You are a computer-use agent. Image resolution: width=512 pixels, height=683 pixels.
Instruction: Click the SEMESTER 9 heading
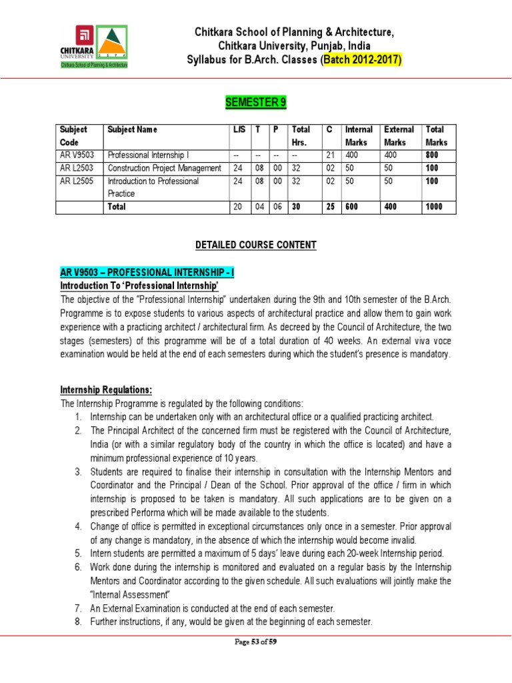pyautogui.click(x=255, y=101)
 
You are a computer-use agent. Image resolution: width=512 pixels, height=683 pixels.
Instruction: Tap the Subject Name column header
pyautogui.click(x=133, y=129)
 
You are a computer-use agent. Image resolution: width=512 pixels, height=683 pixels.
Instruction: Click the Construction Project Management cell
pyautogui.click(x=164, y=168)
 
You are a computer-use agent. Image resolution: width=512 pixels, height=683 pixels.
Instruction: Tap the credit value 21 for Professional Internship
pyautogui.click(x=330, y=155)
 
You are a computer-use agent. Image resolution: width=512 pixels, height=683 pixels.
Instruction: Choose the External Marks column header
pyautogui.click(x=399, y=135)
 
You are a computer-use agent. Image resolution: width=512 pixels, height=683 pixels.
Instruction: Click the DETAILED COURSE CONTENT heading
pyautogui.click(x=255, y=245)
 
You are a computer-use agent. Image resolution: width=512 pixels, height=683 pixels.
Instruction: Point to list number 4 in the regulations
pyautogui.click(x=79, y=527)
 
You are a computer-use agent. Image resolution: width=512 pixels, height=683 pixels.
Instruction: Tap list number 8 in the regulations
pyautogui.click(x=79, y=622)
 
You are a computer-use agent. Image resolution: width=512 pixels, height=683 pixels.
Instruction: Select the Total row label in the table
pyautogui.click(x=117, y=207)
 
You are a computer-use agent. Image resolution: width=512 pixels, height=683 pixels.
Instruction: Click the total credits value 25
pyautogui.click(x=330, y=207)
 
